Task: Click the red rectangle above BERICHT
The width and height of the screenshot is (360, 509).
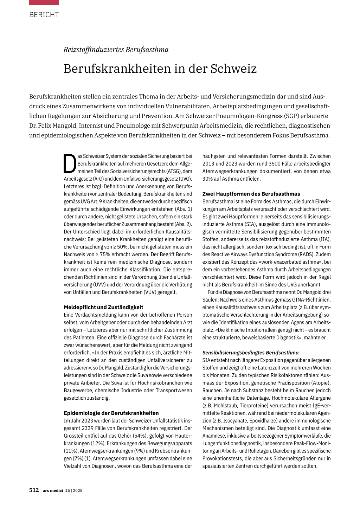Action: point(44,2)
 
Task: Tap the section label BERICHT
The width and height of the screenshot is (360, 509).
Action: point(44,15)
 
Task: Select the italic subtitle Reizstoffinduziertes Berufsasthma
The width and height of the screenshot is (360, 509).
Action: point(116,50)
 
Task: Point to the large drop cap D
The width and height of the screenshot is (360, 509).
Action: point(70,164)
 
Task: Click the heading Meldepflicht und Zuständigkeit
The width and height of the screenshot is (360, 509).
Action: point(103,307)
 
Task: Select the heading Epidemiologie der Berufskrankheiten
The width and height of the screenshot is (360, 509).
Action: point(111,413)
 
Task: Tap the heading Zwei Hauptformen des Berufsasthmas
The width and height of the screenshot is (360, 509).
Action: point(251,194)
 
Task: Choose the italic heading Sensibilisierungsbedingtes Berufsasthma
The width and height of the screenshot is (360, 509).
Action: point(250,353)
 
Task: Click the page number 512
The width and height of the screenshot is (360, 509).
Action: point(34,490)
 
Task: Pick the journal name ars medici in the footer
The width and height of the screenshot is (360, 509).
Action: point(53,490)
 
